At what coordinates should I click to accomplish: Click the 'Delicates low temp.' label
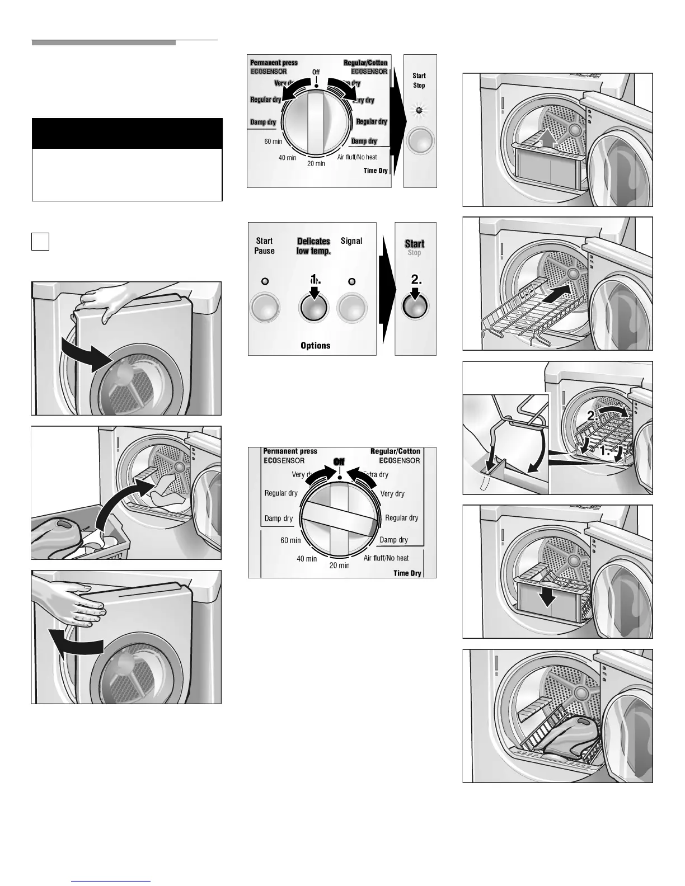coord(313,246)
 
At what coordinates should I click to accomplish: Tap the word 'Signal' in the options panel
coord(351,241)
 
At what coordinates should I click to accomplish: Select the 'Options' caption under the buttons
coord(315,346)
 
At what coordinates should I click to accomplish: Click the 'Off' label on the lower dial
coord(339,461)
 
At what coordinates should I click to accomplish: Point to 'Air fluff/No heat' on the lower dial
coord(386,558)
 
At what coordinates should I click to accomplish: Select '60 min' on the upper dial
coord(273,142)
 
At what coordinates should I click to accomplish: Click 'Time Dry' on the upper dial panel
coord(376,171)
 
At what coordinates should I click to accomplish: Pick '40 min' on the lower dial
coord(307,559)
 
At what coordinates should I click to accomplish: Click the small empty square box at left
coord(40,242)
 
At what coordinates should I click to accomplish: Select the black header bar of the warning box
coord(127,133)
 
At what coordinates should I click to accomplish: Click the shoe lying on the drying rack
coord(565,739)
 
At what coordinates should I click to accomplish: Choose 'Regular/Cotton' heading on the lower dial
coord(395,451)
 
